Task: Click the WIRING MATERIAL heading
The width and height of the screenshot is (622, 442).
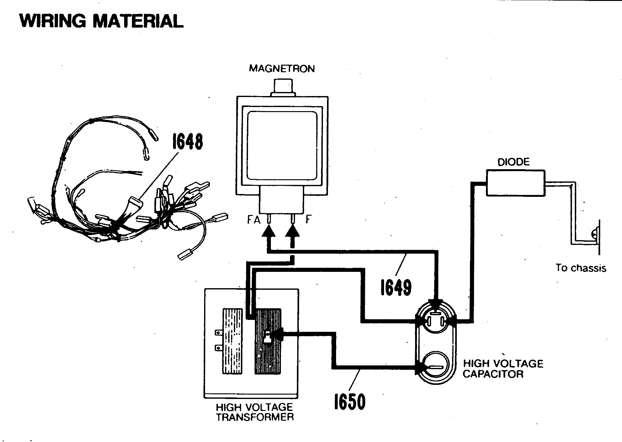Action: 101,21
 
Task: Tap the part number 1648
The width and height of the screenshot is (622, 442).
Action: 187,142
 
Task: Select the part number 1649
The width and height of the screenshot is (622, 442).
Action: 396,288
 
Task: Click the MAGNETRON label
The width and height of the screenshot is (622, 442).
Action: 282,69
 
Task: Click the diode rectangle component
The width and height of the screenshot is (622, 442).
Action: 515,183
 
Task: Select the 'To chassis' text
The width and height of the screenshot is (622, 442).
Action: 581,268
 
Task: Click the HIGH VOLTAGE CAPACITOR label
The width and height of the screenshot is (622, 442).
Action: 503,369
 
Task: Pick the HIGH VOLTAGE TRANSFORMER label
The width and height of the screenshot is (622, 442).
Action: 254,412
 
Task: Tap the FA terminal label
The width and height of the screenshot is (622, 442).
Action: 254,220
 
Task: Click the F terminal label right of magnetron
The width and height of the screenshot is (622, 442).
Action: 308,220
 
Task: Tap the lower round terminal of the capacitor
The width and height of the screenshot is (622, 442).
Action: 434,367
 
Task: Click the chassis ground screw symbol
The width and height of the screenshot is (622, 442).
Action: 594,234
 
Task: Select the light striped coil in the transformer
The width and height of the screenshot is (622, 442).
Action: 232,341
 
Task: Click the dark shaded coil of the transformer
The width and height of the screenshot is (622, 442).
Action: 268,341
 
